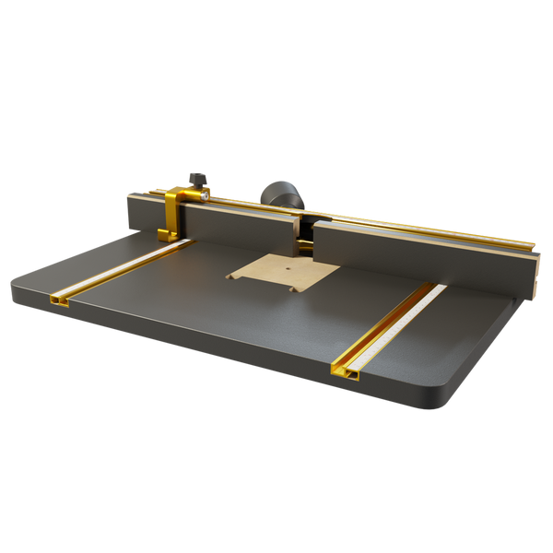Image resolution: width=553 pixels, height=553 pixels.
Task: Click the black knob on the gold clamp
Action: tap(195, 178)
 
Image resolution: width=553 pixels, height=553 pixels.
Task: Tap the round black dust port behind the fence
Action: tap(277, 195)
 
